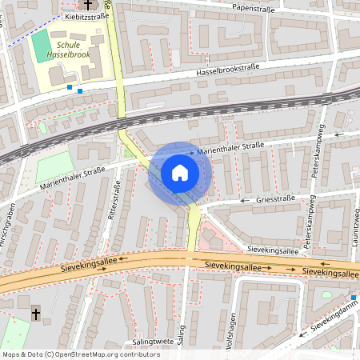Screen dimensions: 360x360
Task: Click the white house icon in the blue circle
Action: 180,173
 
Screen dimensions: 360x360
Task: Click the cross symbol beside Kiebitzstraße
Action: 87,6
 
